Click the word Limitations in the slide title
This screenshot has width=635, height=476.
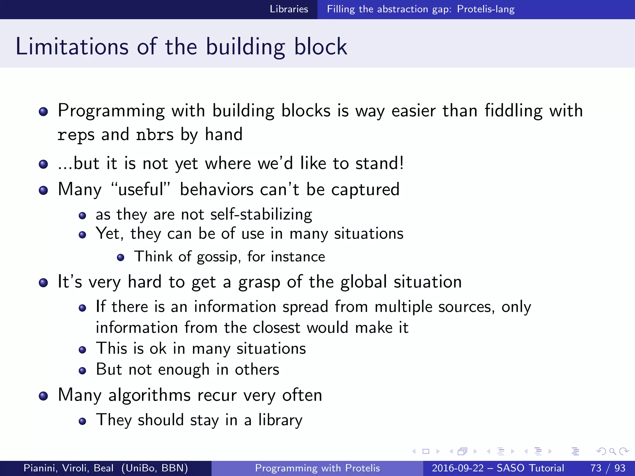tap(72, 47)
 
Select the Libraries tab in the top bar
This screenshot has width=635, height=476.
tap(289, 9)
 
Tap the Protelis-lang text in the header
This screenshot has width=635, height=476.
tap(486, 9)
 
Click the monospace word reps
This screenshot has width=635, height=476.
tap(76, 135)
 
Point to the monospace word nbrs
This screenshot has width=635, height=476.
tap(155, 135)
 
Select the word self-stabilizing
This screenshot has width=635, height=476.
tap(261, 214)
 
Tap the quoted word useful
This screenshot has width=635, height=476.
tap(141, 189)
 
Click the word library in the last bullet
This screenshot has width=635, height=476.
tap(280, 420)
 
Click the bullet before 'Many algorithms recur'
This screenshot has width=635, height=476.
tap(43, 396)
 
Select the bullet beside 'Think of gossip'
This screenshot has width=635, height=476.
tap(121, 257)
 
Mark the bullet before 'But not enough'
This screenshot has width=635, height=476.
tap(82, 371)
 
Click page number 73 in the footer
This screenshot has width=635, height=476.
tap(596, 468)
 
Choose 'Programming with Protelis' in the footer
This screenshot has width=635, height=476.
tap(317, 468)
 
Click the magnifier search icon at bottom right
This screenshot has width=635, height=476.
tap(612, 451)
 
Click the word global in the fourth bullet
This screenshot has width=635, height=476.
tap(363, 282)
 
